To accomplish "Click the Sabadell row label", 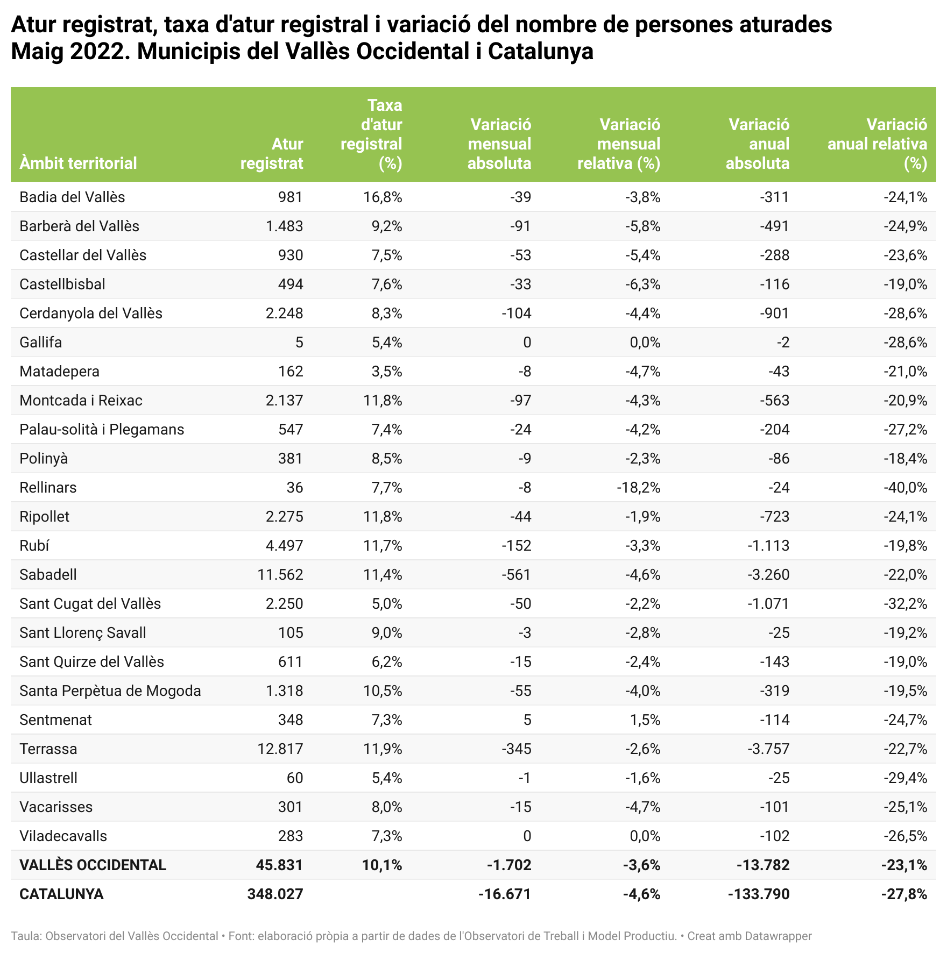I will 48,574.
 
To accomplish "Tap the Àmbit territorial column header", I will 78,163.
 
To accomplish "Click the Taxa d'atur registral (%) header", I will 372,134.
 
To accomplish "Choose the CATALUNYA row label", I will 61,894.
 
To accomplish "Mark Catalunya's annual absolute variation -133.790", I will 759,894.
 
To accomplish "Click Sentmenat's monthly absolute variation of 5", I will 527,720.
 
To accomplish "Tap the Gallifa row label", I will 40,342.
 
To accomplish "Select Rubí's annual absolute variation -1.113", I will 768,545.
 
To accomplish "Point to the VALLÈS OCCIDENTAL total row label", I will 93,865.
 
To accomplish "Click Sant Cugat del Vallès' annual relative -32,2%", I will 905,603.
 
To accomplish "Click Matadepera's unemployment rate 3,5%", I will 386,371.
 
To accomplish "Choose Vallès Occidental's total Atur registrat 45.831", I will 280,865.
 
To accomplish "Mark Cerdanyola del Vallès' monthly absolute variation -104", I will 516,313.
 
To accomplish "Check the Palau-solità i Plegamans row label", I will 102,429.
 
